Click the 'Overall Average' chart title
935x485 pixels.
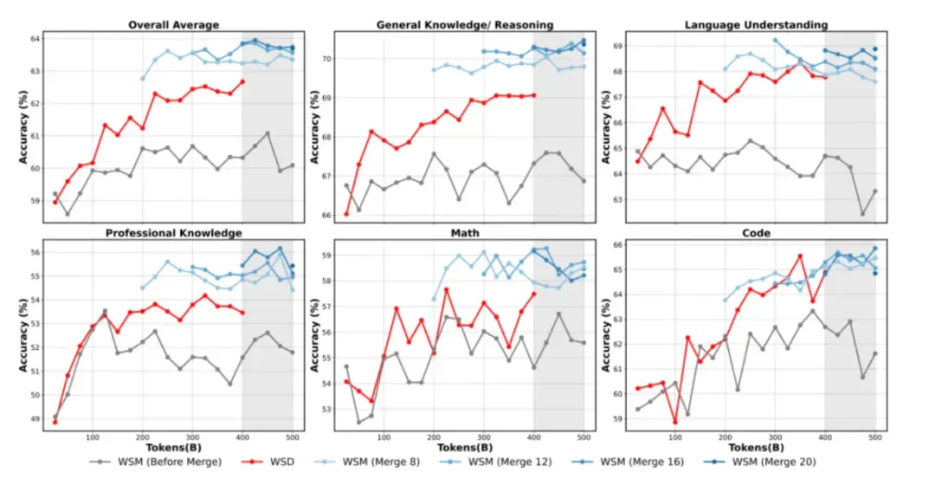pyautogui.click(x=173, y=25)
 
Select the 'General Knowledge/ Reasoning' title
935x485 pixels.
pyautogui.click(x=465, y=25)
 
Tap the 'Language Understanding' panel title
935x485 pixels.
pyautogui.click(x=756, y=25)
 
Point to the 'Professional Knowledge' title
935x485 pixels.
pyautogui.click(x=173, y=233)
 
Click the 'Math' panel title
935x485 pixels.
pyautogui.click(x=465, y=233)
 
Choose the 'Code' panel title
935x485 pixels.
pyautogui.click(x=756, y=233)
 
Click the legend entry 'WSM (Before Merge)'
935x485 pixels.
pyautogui.click(x=155, y=462)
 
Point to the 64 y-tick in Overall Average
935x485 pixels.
pyautogui.click(x=34, y=39)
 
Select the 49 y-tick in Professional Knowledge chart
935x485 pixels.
pyautogui.click(x=34, y=419)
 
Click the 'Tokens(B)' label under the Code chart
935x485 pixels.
pyautogui.click(x=756, y=448)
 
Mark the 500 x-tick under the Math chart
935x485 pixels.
pyautogui.click(x=584, y=437)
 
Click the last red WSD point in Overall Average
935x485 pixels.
pyautogui.click(x=242, y=81)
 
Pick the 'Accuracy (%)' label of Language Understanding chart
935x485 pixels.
pyautogui.click(x=606, y=127)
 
